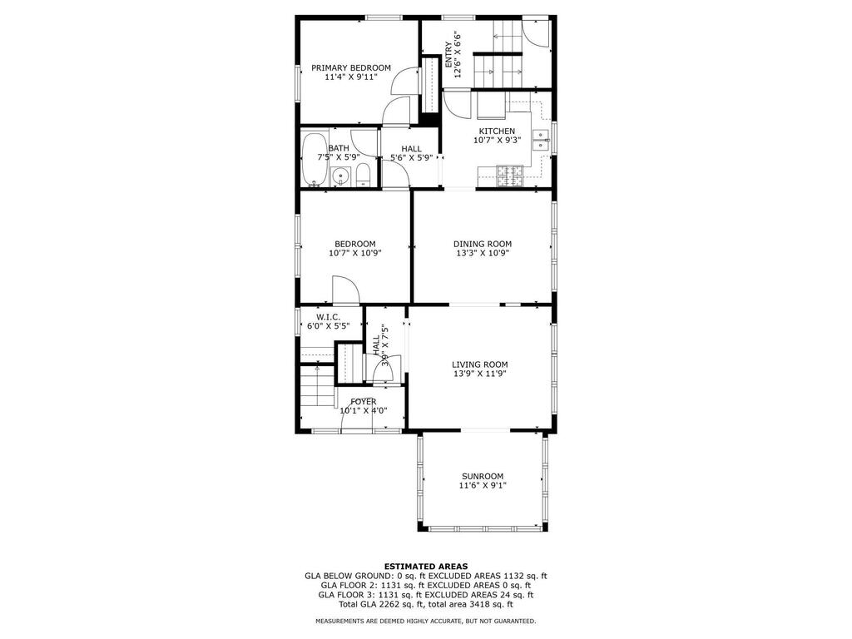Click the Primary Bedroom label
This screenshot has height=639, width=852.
[x=351, y=68]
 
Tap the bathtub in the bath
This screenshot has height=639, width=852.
[x=314, y=159]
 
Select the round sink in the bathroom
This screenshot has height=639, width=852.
[x=340, y=177]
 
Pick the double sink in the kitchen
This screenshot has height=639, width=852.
[x=541, y=140]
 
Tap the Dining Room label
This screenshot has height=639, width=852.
[x=483, y=244]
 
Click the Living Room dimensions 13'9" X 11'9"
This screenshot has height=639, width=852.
[x=480, y=374]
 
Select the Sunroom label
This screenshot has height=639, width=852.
[x=483, y=476]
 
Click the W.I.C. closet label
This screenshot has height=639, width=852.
[x=328, y=317]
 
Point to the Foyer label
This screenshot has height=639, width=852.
[x=364, y=402]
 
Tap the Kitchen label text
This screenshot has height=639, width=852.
[x=497, y=131]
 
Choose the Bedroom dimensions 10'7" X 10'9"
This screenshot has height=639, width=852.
[x=354, y=253]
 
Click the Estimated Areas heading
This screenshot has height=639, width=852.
[x=426, y=566]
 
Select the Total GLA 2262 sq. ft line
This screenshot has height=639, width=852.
[x=426, y=604]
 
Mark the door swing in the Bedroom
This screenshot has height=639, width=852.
[x=346, y=290]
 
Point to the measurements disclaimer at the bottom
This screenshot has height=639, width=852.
[x=426, y=621]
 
